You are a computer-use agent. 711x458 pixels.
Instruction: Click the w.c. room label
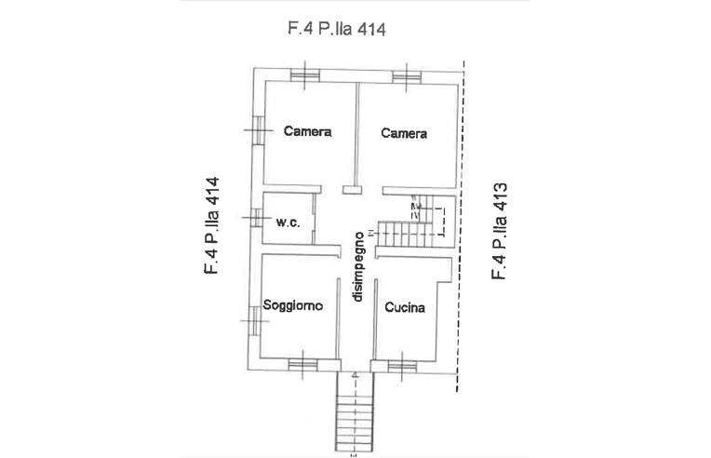pyautogui.click(x=288, y=222)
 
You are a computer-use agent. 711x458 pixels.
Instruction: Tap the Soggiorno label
pyautogui.click(x=293, y=305)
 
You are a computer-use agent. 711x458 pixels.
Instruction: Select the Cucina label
pyautogui.click(x=405, y=307)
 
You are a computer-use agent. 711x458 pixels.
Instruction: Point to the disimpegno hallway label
pyautogui.click(x=358, y=266)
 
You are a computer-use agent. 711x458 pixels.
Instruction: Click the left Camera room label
pyautogui.click(x=307, y=131)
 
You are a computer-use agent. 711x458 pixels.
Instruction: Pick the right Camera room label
pyautogui.click(x=404, y=133)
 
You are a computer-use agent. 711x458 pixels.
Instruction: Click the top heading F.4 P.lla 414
pyautogui.click(x=337, y=29)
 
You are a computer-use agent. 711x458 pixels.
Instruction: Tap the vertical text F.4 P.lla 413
pyautogui.click(x=499, y=231)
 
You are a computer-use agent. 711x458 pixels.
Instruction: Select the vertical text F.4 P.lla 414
pyautogui.click(x=212, y=225)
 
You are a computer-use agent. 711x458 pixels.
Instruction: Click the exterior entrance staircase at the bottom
pyautogui.click(x=355, y=411)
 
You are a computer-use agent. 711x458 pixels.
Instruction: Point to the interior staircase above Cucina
pyautogui.click(x=415, y=222)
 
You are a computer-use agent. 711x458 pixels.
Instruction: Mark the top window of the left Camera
pyautogui.click(x=305, y=74)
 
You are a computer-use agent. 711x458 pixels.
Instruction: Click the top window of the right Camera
pyautogui.click(x=407, y=76)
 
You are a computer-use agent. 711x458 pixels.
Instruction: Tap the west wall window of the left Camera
pyautogui.click(x=259, y=130)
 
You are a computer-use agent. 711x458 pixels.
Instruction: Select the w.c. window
pyautogui.click(x=257, y=218)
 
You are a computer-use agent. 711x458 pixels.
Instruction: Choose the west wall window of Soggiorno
pyautogui.click(x=255, y=320)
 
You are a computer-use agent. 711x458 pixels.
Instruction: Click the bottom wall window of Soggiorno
pyautogui.click(x=302, y=365)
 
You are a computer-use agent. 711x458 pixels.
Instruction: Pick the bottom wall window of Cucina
pyautogui.click(x=402, y=366)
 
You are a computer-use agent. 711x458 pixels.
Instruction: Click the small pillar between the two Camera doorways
pyautogui.click(x=352, y=190)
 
